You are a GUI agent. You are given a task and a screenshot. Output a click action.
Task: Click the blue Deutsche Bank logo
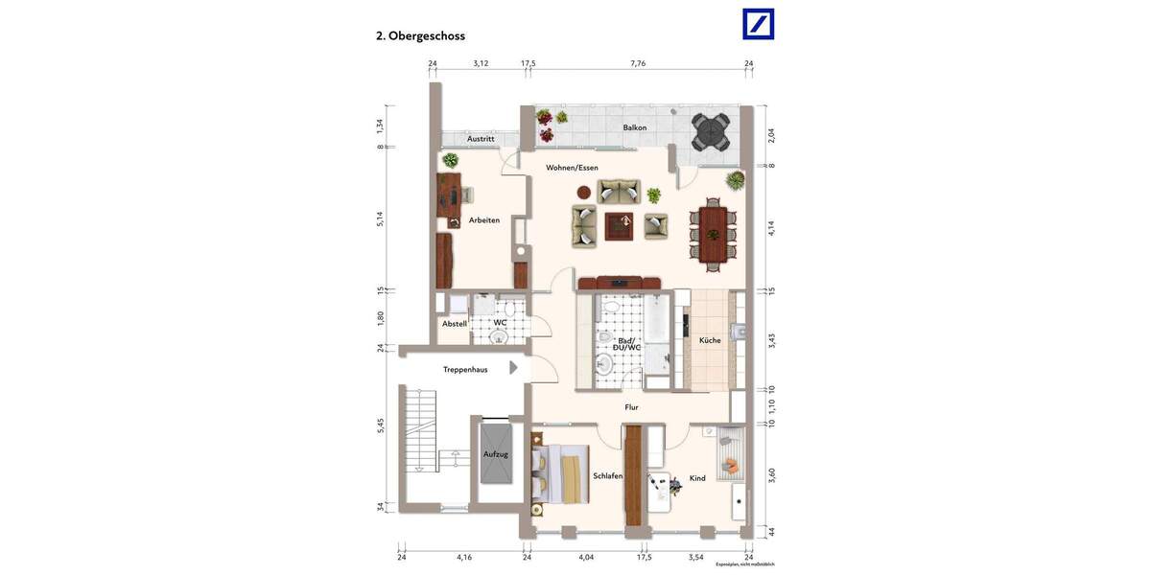[x=758, y=24]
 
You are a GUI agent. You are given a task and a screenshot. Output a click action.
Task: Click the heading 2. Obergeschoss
[x=420, y=35]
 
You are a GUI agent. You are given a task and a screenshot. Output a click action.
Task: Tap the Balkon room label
[x=634, y=127]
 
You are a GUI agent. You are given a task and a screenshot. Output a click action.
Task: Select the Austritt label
[x=481, y=139]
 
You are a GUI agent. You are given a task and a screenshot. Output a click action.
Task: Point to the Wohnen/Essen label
[x=572, y=168]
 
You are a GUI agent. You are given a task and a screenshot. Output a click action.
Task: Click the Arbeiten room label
[x=484, y=220]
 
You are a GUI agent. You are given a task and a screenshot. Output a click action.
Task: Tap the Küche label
[x=710, y=340]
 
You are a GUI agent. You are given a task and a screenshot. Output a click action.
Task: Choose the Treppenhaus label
[x=465, y=369]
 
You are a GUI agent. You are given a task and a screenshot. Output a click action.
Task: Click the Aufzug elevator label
[x=496, y=453]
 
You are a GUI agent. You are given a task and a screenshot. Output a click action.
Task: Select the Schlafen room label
[x=608, y=476]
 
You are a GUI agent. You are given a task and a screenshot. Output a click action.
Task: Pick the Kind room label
[x=697, y=478]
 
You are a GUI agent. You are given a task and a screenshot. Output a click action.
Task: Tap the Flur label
[x=631, y=407]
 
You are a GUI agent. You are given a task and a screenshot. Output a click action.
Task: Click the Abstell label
[x=455, y=324]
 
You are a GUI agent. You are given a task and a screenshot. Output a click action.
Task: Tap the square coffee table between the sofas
[x=620, y=225]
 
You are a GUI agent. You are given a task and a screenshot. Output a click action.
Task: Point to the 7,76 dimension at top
[x=638, y=63]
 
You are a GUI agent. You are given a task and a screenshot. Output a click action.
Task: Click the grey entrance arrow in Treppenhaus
[x=513, y=367]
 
